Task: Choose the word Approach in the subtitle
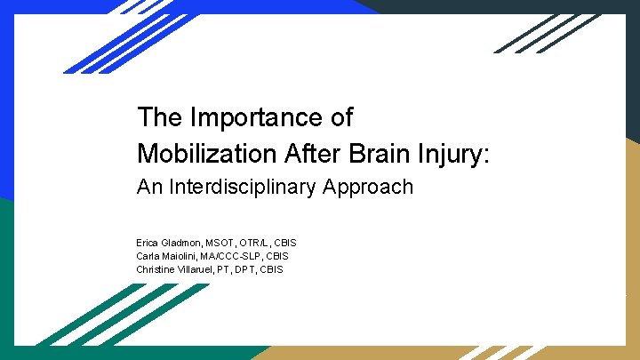[368, 188]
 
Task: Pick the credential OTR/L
[259, 243]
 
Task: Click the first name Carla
[148, 256]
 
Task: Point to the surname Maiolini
[184, 256]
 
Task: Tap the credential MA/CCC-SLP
[235, 256]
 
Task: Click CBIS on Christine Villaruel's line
[272, 269]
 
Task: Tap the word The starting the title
[159, 117]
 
